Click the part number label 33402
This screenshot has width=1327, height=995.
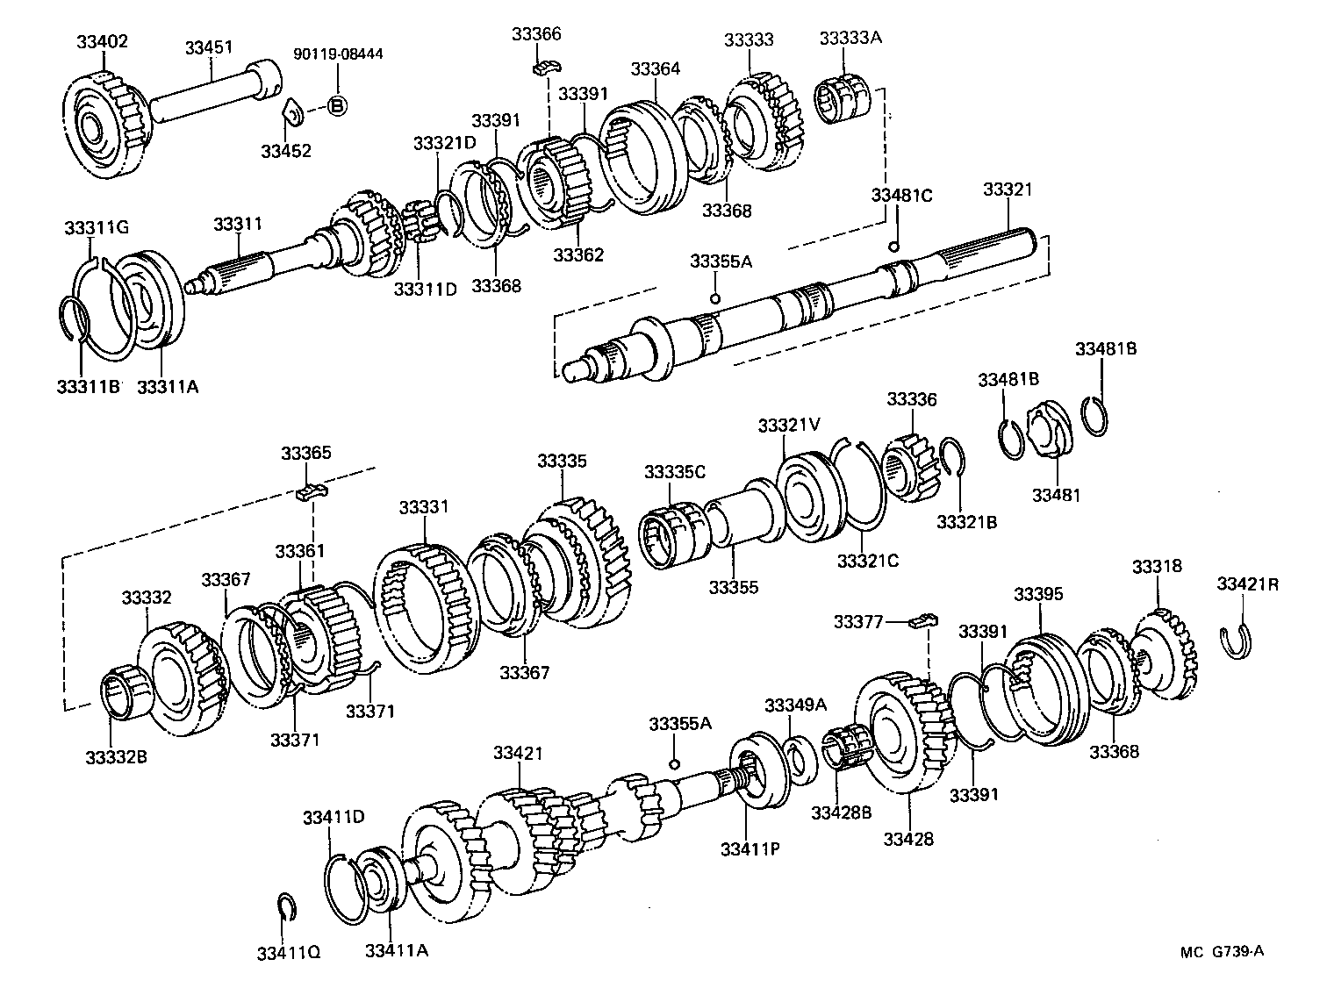click(102, 41)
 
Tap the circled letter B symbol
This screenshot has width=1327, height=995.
click(337, 106)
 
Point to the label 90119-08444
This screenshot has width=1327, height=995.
click(338, 54)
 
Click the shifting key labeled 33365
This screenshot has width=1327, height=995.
click(309, 492)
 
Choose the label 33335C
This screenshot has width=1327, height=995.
click(674, 471)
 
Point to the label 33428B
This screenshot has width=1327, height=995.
click(841, 812)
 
